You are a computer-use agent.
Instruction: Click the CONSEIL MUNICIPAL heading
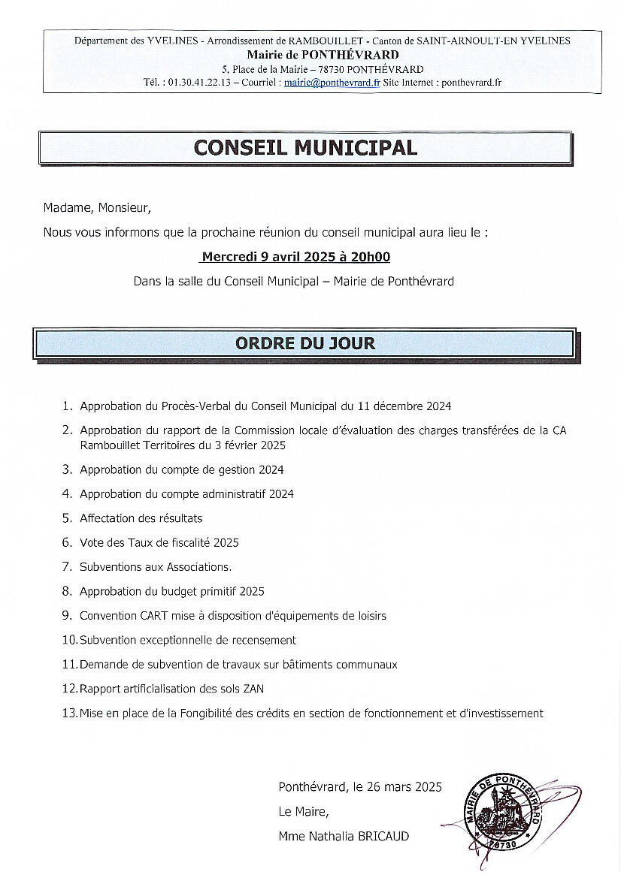(305, 147)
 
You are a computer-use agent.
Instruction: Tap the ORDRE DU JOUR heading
(305, 344)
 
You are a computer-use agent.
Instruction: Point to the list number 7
(66, 567)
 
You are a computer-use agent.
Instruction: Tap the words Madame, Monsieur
(97, 208)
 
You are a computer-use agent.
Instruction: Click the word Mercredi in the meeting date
(229, 257)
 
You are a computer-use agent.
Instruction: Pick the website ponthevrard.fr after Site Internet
(471, 83)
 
